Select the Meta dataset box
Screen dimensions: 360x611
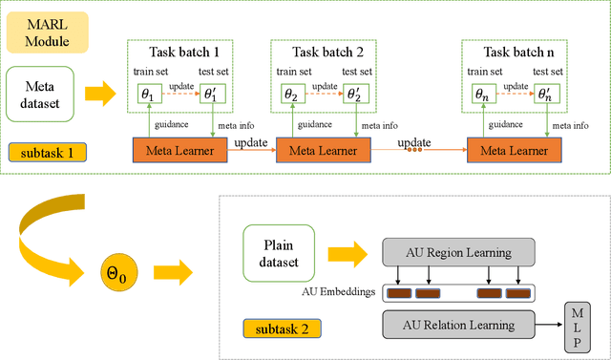40,95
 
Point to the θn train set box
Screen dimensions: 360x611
482,95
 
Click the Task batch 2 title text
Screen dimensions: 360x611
321,52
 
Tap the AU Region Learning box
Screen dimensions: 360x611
456,253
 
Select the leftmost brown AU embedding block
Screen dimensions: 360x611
400,294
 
